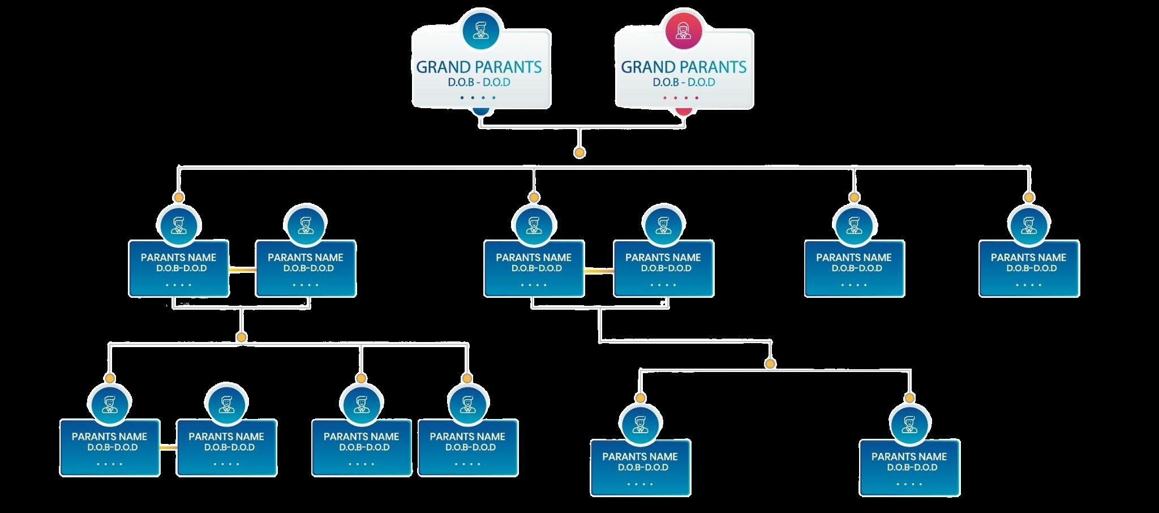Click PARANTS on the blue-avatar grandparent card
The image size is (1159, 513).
pos(508,67)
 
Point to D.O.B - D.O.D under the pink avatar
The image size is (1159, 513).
pos(684,82)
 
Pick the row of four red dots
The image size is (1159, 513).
pos(681,98)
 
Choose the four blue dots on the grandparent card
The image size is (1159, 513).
pos(478,98)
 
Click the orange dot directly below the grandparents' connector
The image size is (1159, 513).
pos(579,152)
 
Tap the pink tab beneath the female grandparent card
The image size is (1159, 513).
pos(684,112)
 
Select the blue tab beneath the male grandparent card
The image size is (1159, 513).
pos(480,112)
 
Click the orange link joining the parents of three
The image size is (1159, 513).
pos(242,270)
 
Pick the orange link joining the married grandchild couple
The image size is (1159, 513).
pos(168,448)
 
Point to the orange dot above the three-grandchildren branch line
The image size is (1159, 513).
pos(242,337)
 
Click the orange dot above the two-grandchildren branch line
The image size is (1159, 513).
pos(770,364)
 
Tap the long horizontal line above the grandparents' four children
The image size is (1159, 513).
pos(679,167)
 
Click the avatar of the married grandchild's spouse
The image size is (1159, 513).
pos(226,404)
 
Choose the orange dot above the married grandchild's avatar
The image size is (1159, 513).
pos(110,378)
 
